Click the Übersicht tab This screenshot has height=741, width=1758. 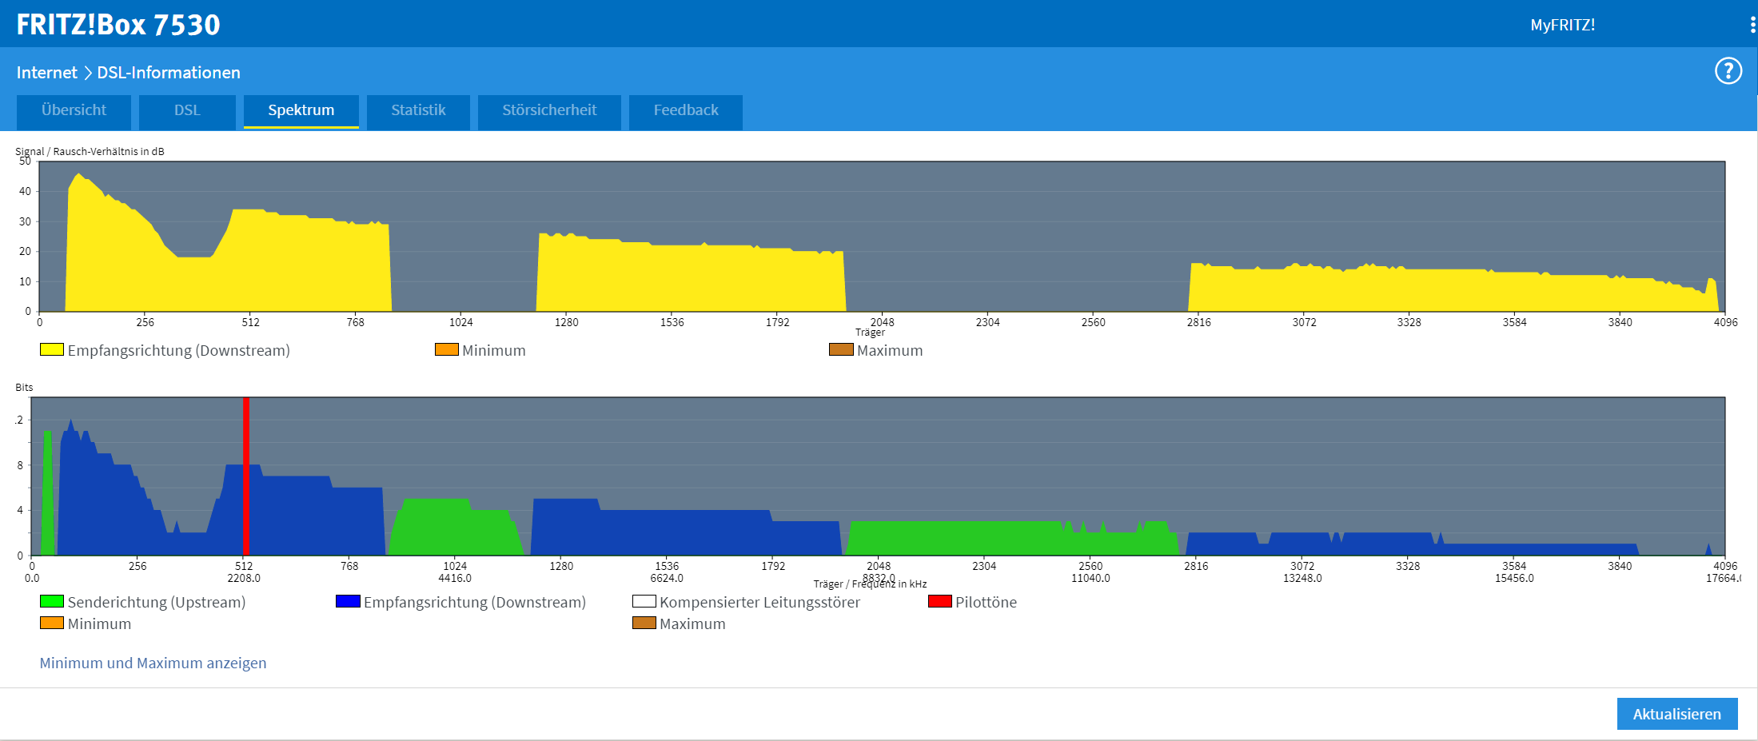pos(74,110)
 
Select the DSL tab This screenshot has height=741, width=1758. pos(187,110)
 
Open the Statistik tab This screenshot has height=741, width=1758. pos(418,110)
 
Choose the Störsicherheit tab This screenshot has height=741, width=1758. pos(549,110)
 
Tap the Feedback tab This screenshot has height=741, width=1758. pos(686,110)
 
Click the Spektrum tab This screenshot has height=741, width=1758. pos(301,110)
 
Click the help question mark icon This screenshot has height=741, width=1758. pos(1728,71)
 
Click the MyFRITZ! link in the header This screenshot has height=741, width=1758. pos(1562,25)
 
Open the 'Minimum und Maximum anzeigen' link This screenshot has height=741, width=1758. pos(153,663)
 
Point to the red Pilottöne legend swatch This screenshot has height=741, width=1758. pos(939,601)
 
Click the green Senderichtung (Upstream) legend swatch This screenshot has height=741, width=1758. pos(52,601)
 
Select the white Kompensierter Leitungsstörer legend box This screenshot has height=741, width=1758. pos(644,601)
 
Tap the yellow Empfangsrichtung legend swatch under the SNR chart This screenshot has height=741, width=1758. pos(52,349)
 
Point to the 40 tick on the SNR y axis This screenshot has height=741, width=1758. pos(26,191)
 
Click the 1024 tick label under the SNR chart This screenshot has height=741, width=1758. pos(460,322)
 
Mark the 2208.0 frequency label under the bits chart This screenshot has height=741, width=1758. pos(244,578)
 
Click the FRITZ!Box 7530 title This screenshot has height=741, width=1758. pos(118,25)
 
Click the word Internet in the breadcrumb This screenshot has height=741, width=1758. pos(46,73)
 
